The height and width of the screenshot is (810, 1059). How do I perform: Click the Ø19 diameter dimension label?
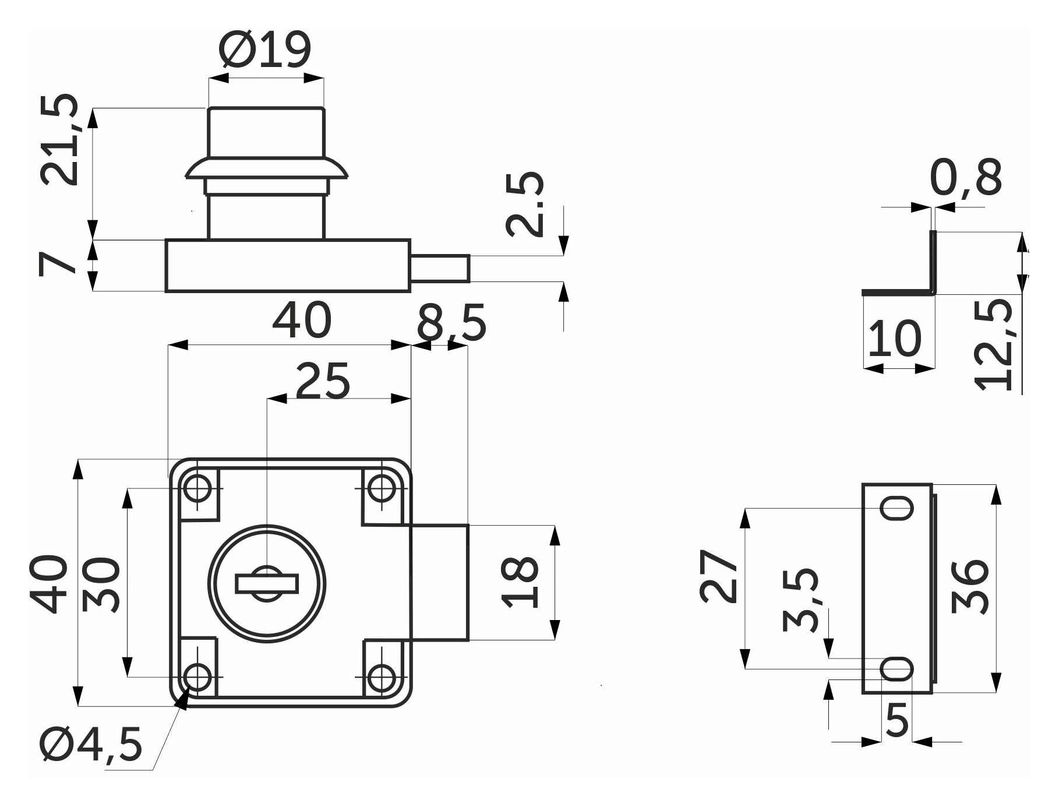(265, 50)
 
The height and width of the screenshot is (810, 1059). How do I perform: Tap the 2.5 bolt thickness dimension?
(525, 204)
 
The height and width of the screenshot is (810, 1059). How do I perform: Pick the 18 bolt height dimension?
(520, 583)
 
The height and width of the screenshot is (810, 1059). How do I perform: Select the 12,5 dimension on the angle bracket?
(996, 344)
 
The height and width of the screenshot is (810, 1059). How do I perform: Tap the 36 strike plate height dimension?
(969, 587)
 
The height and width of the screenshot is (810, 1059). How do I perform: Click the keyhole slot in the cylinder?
(267, 583)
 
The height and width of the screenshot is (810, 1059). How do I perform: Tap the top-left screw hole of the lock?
(197, 487)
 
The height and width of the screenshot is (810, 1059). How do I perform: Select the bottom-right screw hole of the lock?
(382, 677)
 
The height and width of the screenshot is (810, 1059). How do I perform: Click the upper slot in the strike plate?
(896, 508)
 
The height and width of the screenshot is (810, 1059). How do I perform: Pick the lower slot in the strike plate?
(896, 668)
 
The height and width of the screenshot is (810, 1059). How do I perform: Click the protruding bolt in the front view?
(440, 582)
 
